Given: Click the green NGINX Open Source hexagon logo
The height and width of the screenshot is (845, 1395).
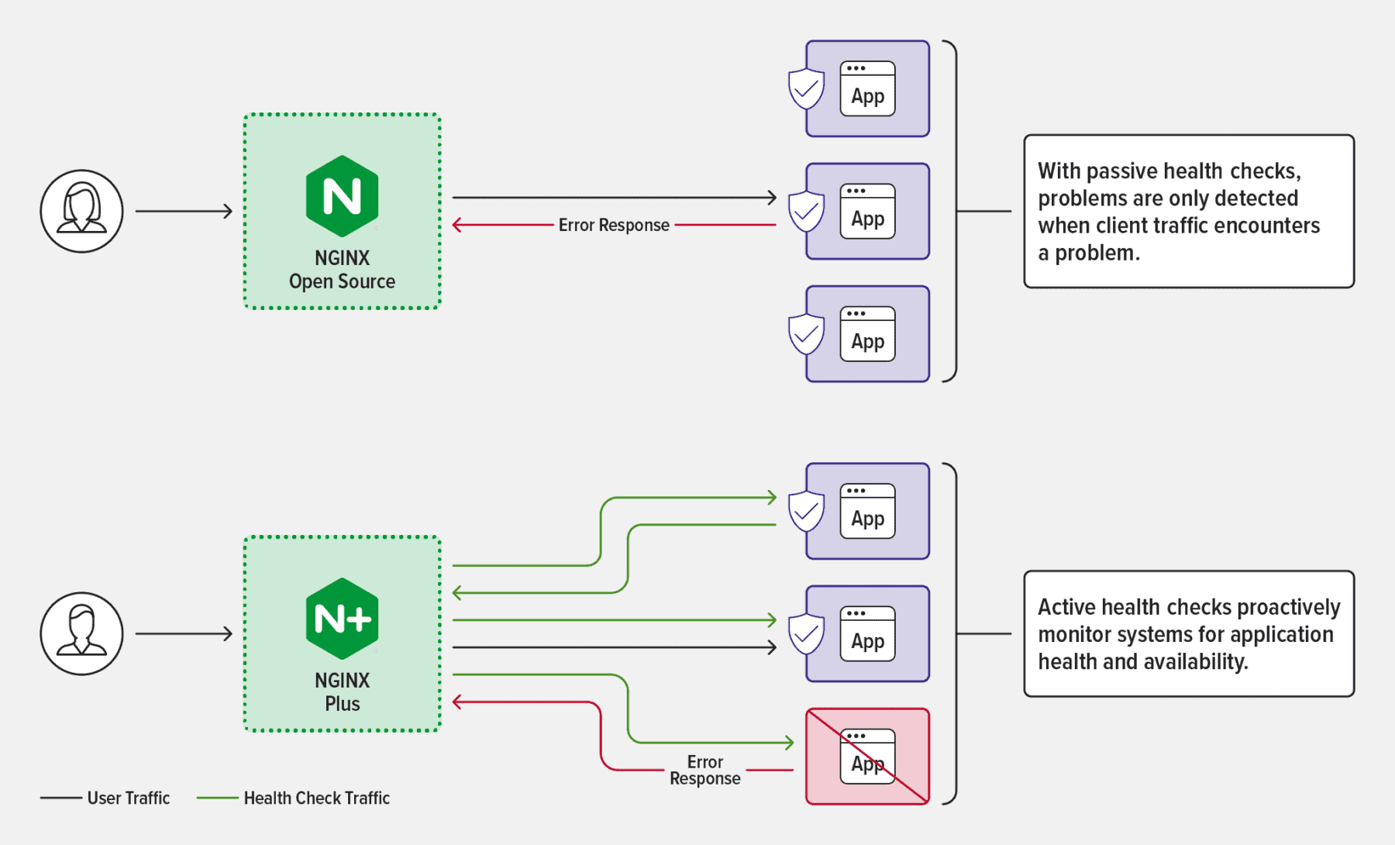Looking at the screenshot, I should point(342,196).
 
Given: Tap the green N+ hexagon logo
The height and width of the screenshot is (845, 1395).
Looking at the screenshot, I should point(342,619).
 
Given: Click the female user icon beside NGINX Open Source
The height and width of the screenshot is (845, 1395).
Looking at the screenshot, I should point(81,211).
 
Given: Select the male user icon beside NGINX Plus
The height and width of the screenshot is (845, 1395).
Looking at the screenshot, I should point(81,633).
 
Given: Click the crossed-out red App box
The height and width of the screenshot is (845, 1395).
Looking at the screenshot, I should point(867,756).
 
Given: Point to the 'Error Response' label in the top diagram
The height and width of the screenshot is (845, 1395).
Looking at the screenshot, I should point(614,225).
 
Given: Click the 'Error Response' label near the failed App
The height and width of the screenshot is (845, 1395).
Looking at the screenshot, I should point(704,770).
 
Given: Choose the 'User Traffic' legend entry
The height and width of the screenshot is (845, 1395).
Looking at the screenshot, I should point(128,798).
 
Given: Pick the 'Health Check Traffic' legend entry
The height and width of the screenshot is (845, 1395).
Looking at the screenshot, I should point(316,798).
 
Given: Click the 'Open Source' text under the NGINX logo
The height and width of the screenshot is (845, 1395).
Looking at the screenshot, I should point(342,281).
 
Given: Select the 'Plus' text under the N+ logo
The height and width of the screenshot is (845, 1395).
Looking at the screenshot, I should point(342,704).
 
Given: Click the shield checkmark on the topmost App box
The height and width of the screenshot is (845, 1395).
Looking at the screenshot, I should point(806,89).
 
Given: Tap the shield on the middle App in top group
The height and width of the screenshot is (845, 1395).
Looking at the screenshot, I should point(806,211).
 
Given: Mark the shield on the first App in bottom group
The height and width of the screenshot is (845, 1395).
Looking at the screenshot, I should point(806,511).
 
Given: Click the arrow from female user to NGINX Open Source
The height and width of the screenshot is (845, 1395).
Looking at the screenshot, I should point(184,211).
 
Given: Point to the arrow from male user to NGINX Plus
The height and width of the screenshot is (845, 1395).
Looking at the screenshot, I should point(184,633).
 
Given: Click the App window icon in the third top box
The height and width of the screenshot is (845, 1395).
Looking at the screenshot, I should point(867,334).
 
